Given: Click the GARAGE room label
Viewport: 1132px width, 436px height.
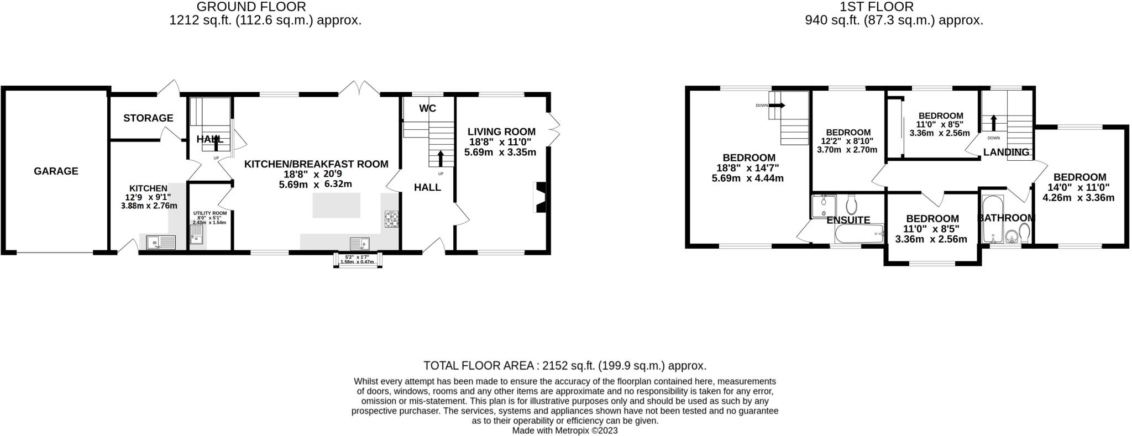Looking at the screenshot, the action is pos(56,171).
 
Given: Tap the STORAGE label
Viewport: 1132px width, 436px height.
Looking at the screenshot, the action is pos(148,118).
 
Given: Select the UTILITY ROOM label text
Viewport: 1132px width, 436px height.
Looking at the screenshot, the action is pos(209,213).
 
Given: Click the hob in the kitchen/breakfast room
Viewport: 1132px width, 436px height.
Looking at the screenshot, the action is pos(392,219).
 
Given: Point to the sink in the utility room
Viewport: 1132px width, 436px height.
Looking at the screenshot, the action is pos(196,239).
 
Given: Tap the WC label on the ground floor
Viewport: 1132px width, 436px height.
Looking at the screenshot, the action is pos(427,108).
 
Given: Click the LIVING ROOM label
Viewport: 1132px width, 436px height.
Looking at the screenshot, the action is pos(501,132).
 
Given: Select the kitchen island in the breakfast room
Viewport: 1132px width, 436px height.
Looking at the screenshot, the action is pos(337,205).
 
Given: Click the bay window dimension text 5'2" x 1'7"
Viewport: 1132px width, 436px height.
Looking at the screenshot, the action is pos(357,257).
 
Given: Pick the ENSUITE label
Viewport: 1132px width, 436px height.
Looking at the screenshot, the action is pos(848,220).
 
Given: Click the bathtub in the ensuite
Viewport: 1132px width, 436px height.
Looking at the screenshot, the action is pos(858,234).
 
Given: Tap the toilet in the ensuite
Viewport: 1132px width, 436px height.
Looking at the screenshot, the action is pos(851,204).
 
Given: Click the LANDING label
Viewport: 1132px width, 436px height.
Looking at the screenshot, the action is pos(1006,152).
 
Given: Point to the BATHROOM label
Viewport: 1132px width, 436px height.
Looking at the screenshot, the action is pos(1006,218).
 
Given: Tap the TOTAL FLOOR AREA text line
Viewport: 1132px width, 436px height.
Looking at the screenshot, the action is pos(565,366).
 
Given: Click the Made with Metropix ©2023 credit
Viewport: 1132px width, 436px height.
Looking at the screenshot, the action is pos(565,430).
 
